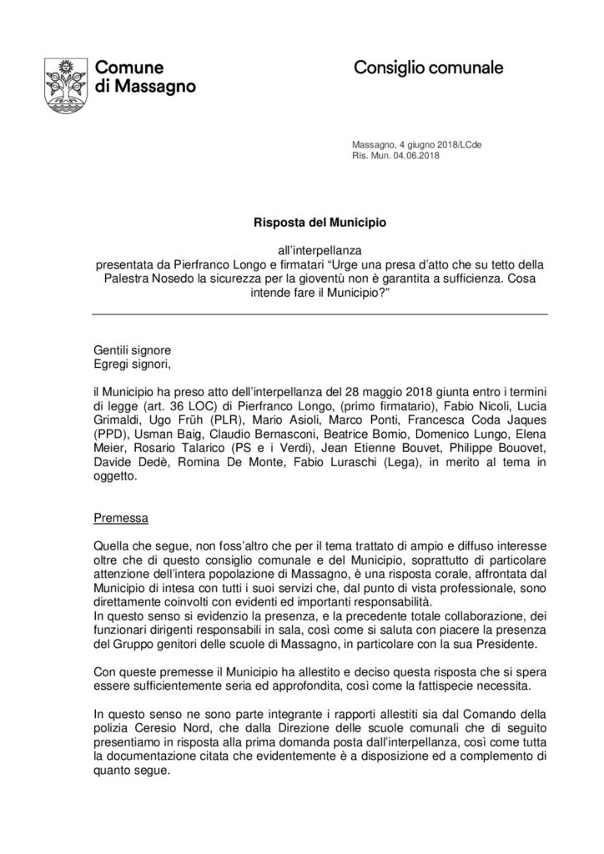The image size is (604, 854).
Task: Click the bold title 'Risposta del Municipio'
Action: click(x=301, y=224)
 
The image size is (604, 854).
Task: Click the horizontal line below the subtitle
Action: click(x=301, y=314)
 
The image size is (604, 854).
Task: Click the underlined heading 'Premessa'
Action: click(x=120, y=518)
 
